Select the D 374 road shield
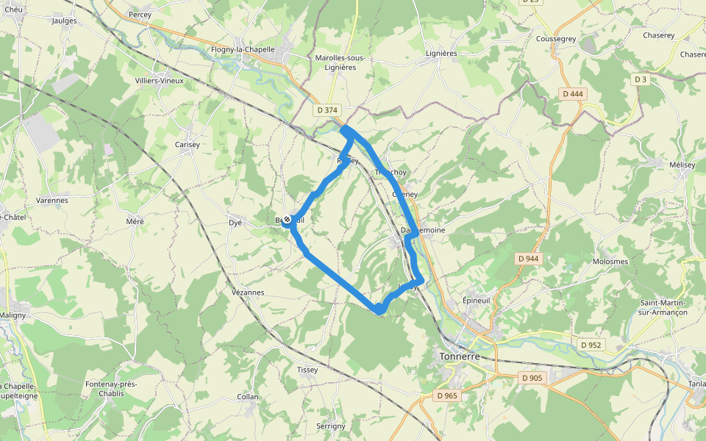click(327, 110)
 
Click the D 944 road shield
click(528, 259)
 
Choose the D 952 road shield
click(590, 345)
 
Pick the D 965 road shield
click(446, 395)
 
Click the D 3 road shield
click(640, 79)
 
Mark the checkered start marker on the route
click(287, 220)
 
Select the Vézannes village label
click(248, 293)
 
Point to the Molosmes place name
click(610, 262)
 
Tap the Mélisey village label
click(682, 165)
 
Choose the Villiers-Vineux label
click(160, 81)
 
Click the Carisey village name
click(188, 145)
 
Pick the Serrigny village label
click(330, 426)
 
